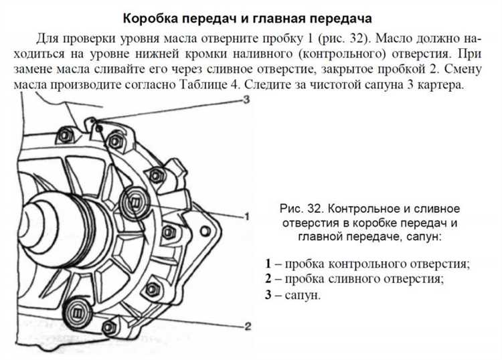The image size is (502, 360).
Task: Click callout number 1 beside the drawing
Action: (x=246, y=216)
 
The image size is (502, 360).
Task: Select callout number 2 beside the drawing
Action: (x=247, y=326)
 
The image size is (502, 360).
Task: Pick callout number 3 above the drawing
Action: (x=246, y=100)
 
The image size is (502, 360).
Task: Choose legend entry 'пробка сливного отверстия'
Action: (x=364, y=278)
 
